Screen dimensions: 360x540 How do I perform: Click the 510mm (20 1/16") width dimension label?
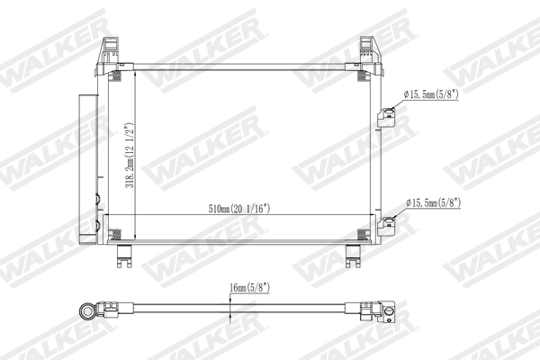(x=239, y=208)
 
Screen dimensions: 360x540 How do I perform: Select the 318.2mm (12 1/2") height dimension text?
(x=130, y=157)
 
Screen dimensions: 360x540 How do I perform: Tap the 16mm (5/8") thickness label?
(x=248, y=287)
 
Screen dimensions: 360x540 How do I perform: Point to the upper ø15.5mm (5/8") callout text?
(x=433, y=93)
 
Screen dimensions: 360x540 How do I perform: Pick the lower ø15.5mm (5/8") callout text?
(x=433, y=202)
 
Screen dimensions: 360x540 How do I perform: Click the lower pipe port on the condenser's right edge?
(x=388, y=222)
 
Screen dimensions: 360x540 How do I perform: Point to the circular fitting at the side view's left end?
(x=87, y=310)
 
